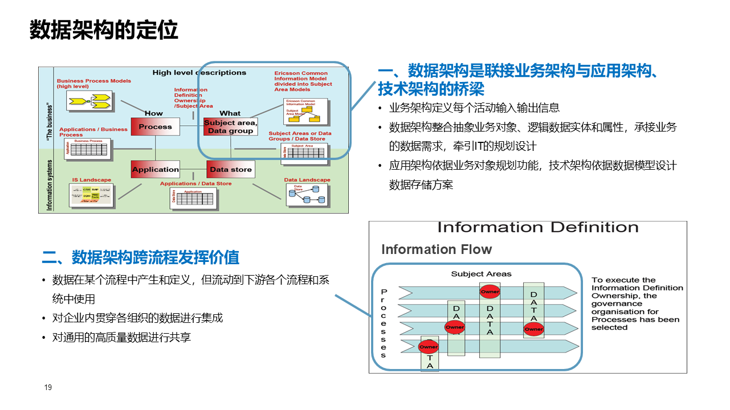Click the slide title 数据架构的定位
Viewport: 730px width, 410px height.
[x=104, y=30]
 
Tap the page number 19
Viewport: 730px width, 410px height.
[x=48, y=388]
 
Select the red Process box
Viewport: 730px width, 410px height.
[x=155, y=127]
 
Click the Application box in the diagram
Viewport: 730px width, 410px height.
[x=155, y=169]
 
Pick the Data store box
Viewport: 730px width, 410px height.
[x=230, y=169]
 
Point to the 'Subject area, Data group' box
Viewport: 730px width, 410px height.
[x=230, y=127]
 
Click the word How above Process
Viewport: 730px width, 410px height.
[x=154, y=113]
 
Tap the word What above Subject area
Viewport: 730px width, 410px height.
[x=230, y=113]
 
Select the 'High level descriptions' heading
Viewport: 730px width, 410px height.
[x=199, y=73]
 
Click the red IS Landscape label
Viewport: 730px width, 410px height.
[x=91, y=180]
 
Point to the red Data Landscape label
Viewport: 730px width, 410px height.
[x=307, y=180]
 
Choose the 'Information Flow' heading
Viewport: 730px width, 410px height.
[x=436, y=249]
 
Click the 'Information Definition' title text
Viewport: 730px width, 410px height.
[x=537, y=228]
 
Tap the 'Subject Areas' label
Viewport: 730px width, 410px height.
[x=481, y=274]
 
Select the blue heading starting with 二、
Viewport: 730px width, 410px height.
[x=140, y=257]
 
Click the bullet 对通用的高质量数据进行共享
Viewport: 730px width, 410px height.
[x=121, y=338]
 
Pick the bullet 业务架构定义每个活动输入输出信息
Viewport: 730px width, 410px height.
[x=474, y=108]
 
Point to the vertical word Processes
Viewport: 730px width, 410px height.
[x=384, y=323]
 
